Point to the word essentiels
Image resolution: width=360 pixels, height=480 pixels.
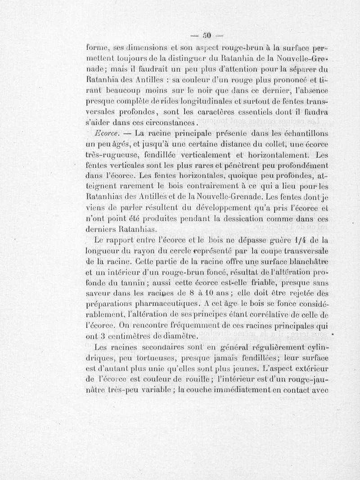pos(255,111)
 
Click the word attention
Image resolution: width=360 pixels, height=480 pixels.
pos(244,70)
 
